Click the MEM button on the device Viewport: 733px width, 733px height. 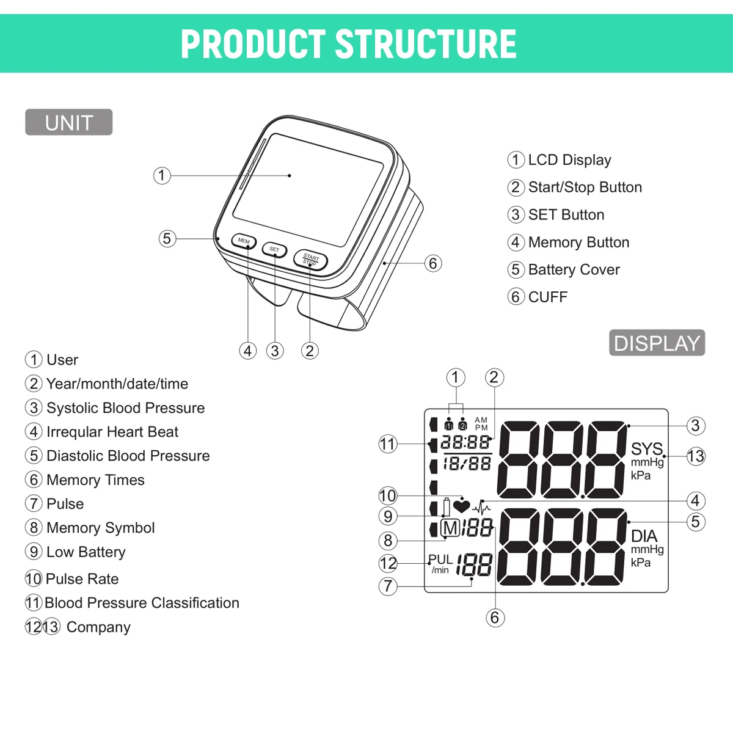(x=244, y=241)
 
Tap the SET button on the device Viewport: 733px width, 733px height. (x=274, y=249)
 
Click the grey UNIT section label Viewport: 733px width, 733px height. (x=68, y=122)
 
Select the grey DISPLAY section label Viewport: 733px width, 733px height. (x=657, y=343)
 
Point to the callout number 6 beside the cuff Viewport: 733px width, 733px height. (x=433, y=263)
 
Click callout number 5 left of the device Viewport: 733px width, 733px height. (x=167, y=238)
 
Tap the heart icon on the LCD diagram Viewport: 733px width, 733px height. (x=462, y=506)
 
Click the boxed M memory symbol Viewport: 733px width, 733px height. (x=450, y=528)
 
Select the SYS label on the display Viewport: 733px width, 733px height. (x=646, y=449)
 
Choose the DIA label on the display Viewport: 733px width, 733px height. (x=644, y=536)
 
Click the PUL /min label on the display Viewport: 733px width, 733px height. (x=440, y=564)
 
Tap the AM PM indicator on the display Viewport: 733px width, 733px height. (x=481, y=424)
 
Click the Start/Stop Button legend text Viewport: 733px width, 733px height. (x=585, y=187)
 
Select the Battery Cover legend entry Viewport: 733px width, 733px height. (x=574, y=269)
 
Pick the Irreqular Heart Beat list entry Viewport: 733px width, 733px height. (x=112, y=432)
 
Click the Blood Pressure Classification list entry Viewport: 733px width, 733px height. (x=142, y=603)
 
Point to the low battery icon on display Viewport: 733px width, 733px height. (x=447, y=507)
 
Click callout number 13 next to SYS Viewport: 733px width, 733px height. (x=696, y=456)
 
